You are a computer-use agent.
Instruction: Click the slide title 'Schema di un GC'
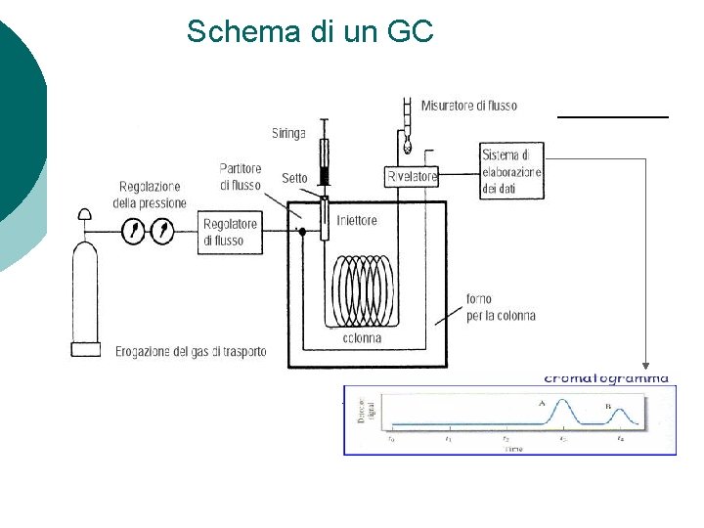pyautogui.click(x=309, y=31)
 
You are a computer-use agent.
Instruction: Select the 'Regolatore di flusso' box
pyautogui.click(x=230, y=232)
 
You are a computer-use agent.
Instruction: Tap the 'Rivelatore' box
pyautogui.click(x=412, y=177)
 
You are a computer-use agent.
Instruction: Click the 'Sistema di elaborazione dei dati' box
pyautogui.click(x=511, y=172)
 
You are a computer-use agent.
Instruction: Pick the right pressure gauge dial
pyautogui.click(x=162, y=232)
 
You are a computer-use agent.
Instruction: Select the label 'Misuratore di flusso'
pyautogui.click(x=468, y=106)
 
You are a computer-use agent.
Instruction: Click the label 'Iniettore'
pyautogui.click(x=356, y=221)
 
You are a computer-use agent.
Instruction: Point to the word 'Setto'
pyautogui.click(x=294, y=178)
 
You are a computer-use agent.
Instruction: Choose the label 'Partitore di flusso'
pyautogui.click(x=241, y=176)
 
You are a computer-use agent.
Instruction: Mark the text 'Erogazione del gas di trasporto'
pyautogui.click(x=191, y=351)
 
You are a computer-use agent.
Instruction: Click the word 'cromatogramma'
pyautogui.click(x=606, y=377)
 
